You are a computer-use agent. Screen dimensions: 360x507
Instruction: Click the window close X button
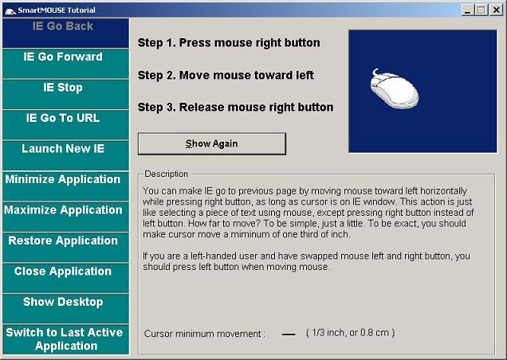click(496, 10)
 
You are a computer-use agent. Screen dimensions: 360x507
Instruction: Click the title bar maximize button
click(481, 10)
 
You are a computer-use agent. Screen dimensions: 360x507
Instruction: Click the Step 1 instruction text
click(229, 43)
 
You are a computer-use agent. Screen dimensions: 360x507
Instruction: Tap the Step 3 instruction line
click(235, 107)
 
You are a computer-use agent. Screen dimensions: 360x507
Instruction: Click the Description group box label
click(166, 174)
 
